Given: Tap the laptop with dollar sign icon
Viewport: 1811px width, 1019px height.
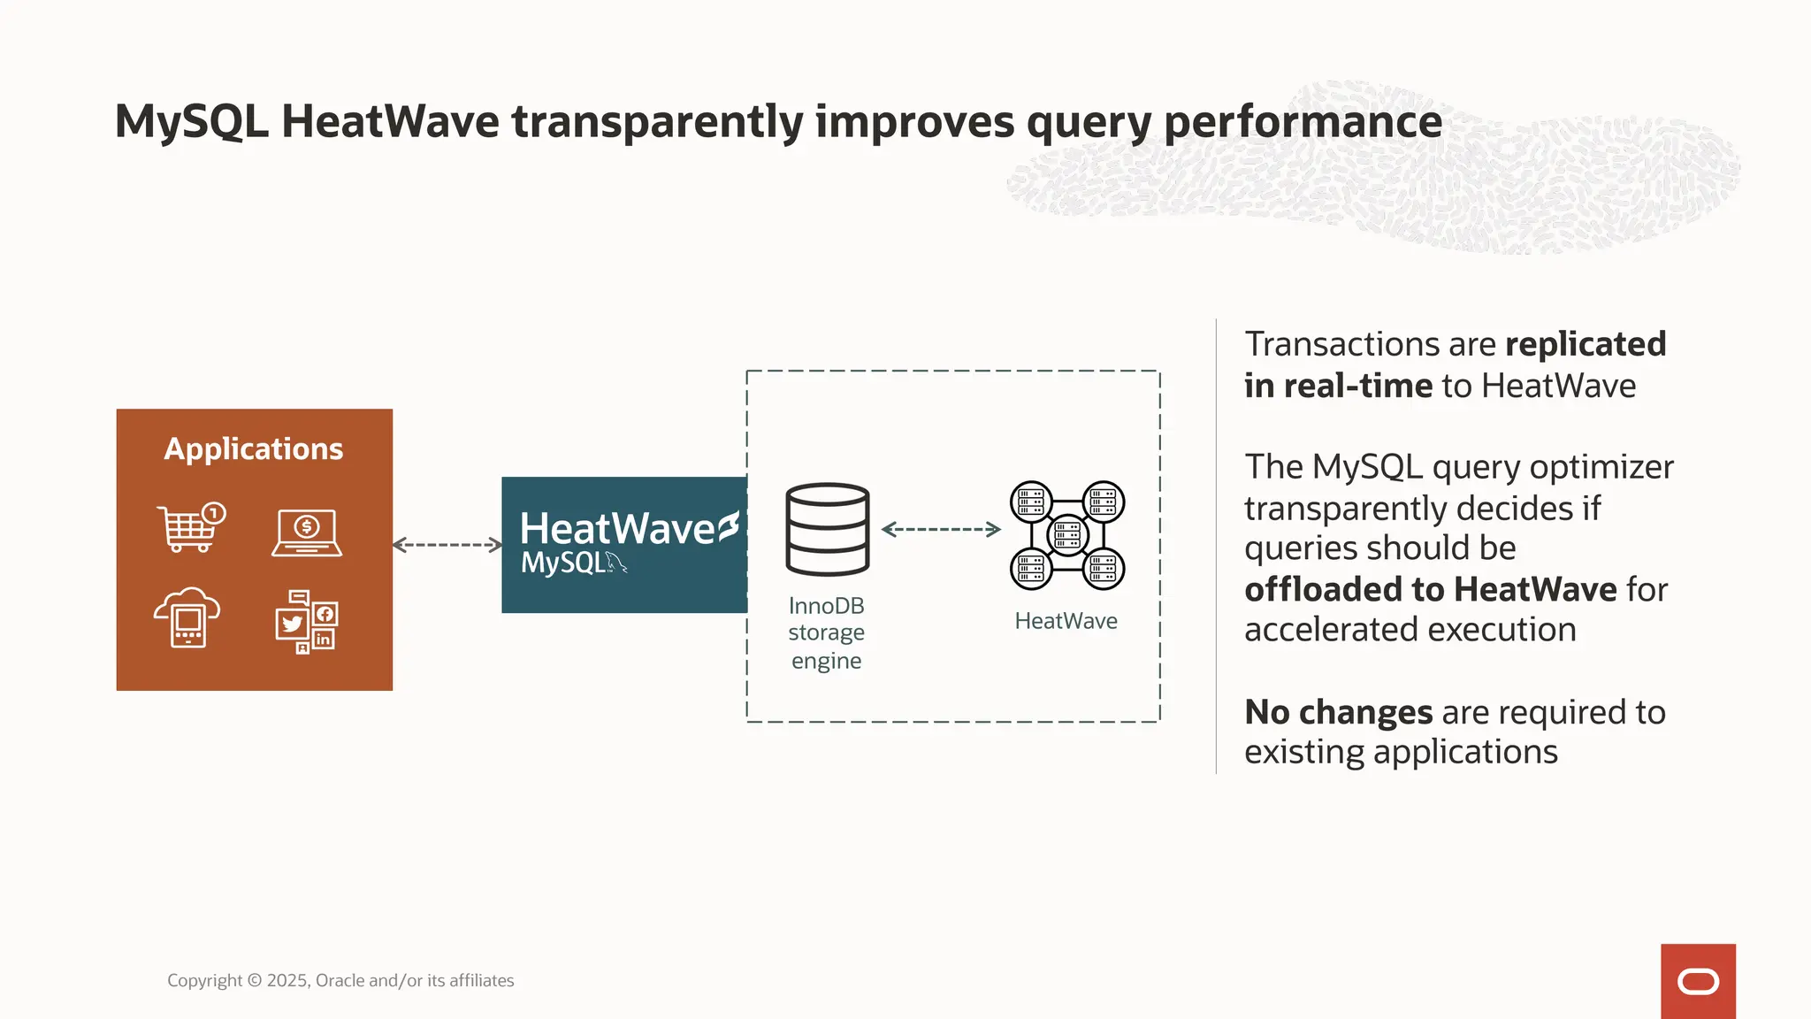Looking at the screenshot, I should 307,532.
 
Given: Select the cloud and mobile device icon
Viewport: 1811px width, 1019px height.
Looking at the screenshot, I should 187,617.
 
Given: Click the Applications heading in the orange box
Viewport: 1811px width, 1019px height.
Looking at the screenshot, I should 254,449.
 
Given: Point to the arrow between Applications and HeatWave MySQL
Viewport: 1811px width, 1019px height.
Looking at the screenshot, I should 447,545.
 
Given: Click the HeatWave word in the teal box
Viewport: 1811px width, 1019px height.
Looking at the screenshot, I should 617,529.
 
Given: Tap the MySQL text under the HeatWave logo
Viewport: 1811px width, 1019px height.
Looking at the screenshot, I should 563,563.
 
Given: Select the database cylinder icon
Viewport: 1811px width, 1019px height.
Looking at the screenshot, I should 828,529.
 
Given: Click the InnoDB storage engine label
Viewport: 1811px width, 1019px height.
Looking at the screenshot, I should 827,633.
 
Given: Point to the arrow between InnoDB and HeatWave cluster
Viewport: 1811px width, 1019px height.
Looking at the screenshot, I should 941,529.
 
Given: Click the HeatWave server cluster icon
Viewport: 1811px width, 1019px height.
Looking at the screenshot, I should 1067,535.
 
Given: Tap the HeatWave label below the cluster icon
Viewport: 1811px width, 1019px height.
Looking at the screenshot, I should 1066,621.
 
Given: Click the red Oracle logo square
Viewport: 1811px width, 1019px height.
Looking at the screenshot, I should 1698,981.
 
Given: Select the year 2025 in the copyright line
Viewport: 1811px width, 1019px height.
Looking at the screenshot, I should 287,980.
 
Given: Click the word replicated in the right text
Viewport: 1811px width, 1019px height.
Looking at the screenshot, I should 1586,344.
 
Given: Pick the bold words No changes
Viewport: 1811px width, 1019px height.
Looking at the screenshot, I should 1338,712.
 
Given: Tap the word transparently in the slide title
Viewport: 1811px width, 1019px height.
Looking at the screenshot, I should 657,122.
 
